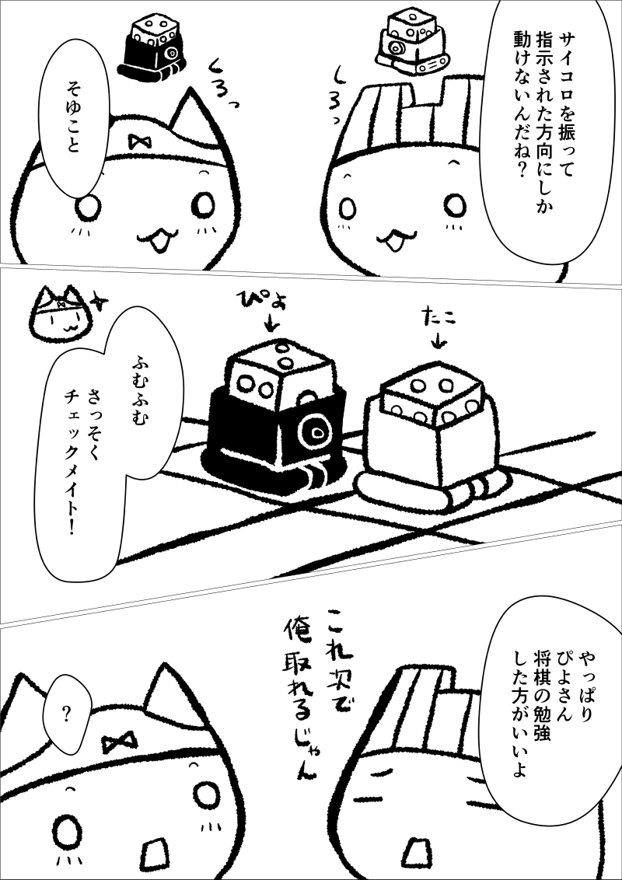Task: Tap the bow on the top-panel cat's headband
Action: [x=136, y=142]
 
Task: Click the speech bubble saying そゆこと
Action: [x=74, y=120]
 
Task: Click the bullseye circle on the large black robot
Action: [x=315, y=433]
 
